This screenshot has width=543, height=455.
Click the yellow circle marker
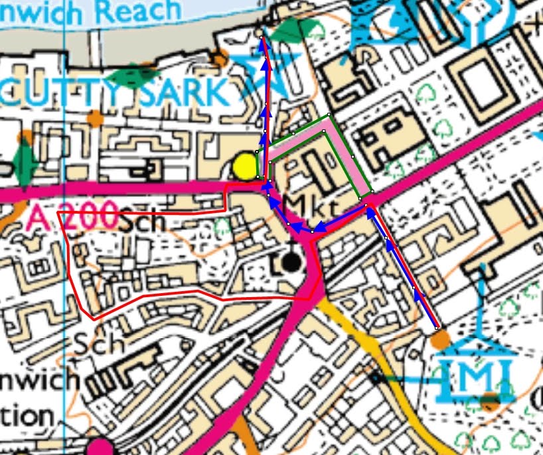[246, 166]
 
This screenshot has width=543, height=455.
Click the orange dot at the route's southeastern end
[441, 340]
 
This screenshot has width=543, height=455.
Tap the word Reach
[143, 11]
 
